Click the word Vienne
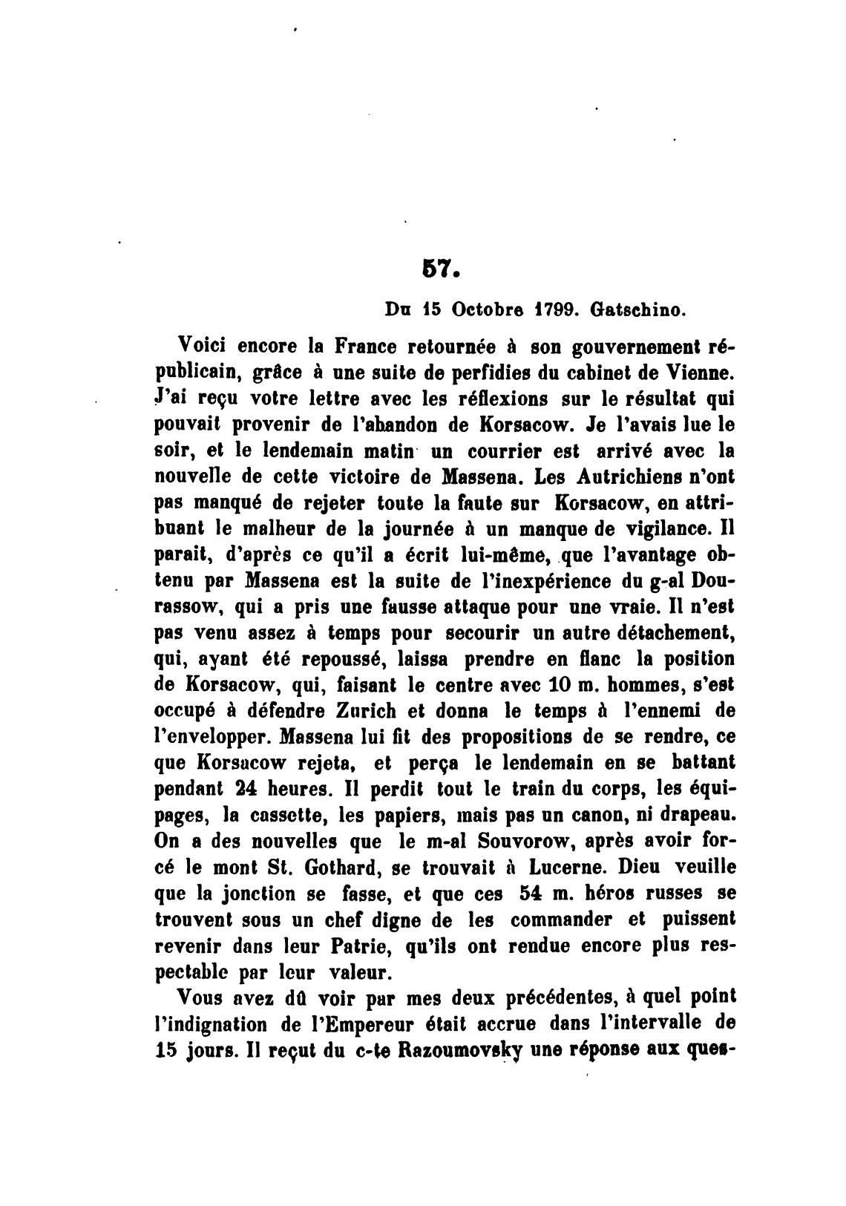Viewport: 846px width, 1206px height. (x=700, y=373)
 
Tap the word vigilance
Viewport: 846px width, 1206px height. (x=663, y=529)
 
